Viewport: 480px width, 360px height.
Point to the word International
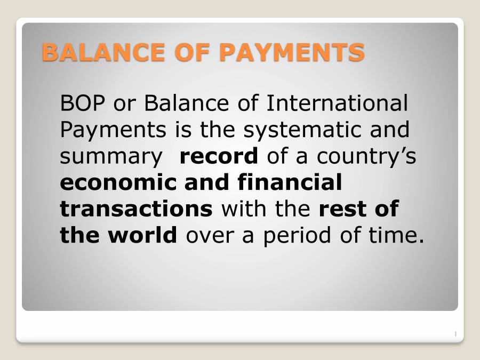pos(337,103)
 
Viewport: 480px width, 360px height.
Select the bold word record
pos(219,156)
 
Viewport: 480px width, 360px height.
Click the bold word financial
pos(290,182)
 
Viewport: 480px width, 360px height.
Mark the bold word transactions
pos(136,209)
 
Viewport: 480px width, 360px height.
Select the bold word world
pos(143,235)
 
